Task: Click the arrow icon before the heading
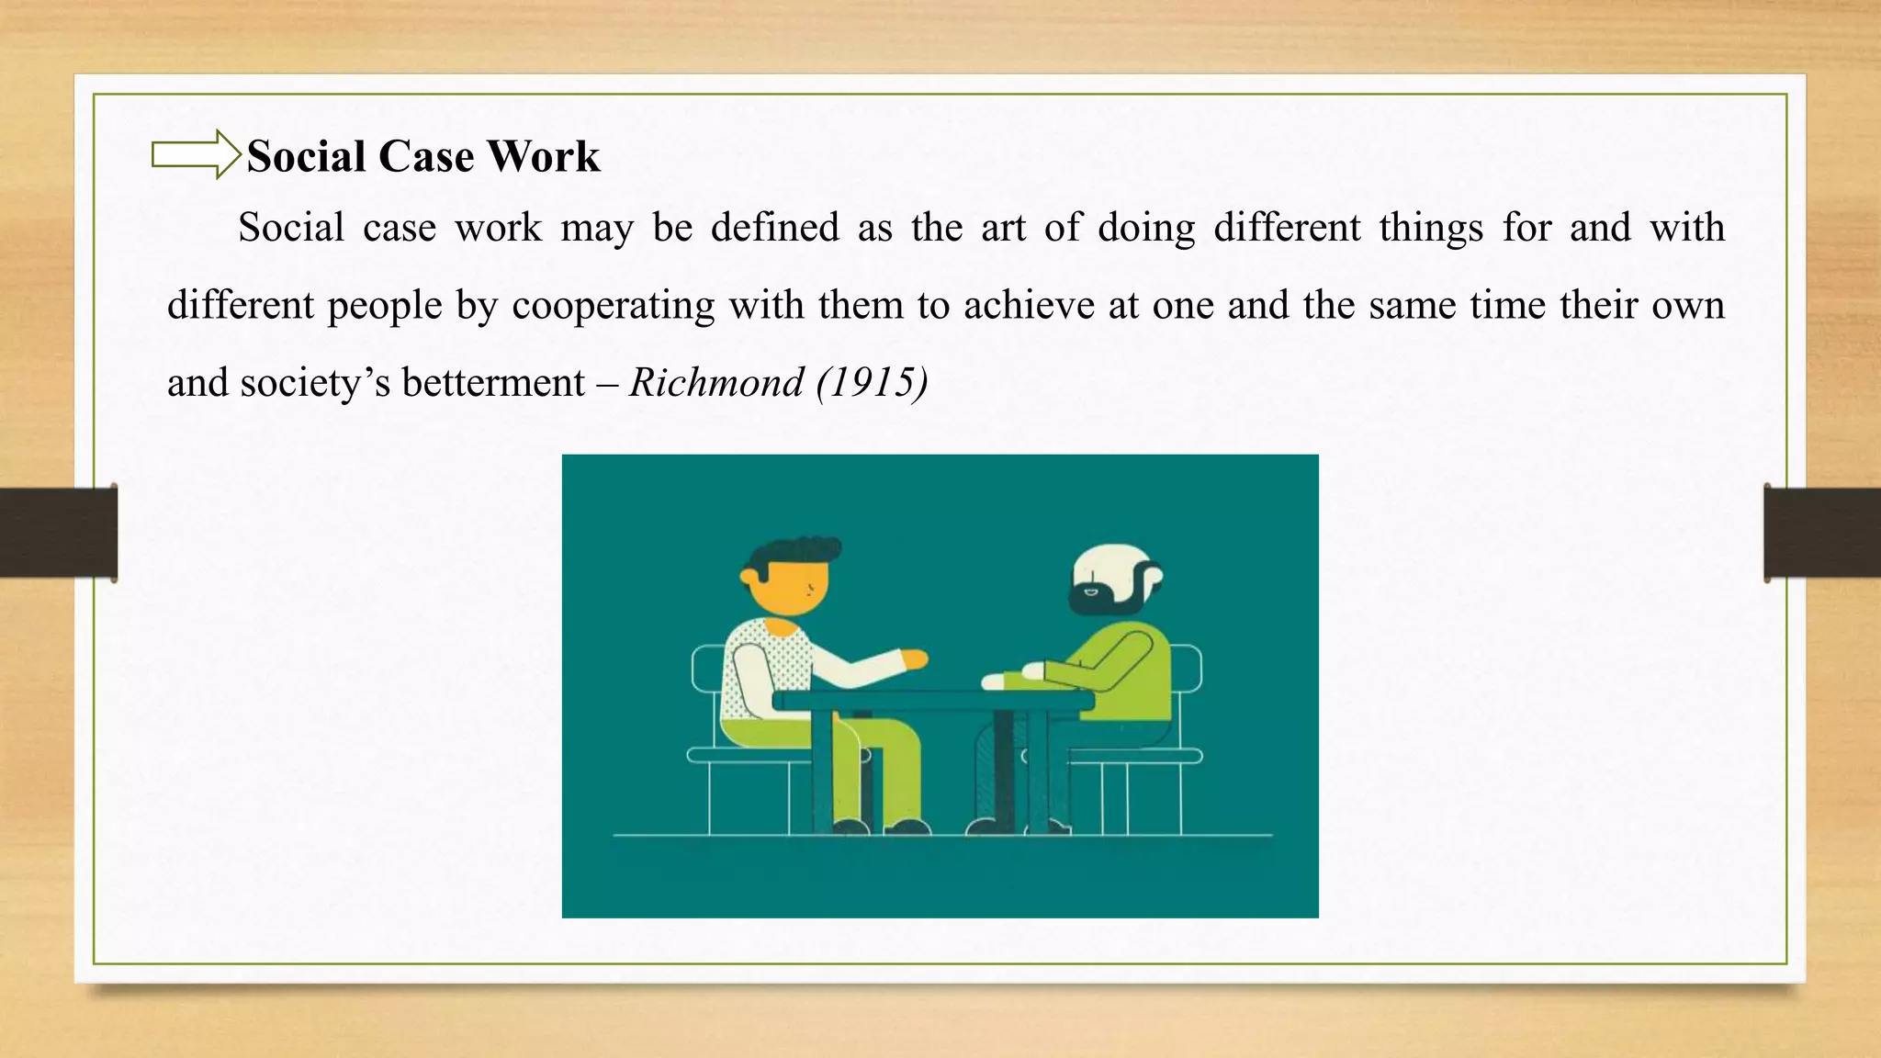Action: (x=195, y=154)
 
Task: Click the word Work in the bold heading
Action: (x=543, y=156)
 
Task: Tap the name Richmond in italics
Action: (x=716, y=382)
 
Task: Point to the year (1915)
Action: (x=872, y=382)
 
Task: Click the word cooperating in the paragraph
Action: (x=613, y=306)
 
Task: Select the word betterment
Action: (x=493, y=382)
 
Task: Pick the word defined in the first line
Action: (x=775, y=228)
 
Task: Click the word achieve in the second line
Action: (x=1029, y=305)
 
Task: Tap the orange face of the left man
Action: (x=790, y=587)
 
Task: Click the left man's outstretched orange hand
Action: (x=915, y=658)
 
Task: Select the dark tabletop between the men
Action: (x=932, y=701)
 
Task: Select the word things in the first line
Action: (x=1430, y=228)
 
